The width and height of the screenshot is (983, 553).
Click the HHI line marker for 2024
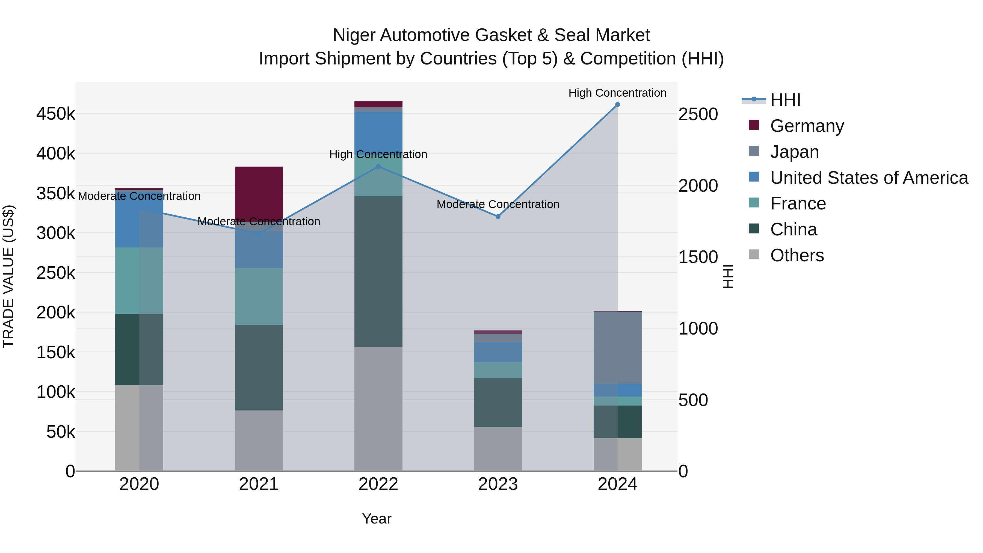617,105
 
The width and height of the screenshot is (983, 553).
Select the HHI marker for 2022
378,166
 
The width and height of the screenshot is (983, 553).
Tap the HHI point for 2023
498,216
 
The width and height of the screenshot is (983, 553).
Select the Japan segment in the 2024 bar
617,347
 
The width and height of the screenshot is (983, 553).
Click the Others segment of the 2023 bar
498,449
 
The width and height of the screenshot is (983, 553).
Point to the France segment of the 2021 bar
259,296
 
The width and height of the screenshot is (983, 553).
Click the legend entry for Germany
807,126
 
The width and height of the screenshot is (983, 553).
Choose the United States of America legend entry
869,178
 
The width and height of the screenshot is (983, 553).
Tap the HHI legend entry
785,100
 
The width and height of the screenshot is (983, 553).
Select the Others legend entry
797,255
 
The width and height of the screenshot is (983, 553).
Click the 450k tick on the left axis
56,114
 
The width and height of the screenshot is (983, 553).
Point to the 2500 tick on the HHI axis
698,114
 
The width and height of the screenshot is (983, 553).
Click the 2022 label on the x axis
378,484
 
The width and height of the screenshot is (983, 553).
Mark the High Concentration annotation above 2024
617,93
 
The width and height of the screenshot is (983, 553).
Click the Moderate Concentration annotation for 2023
498,204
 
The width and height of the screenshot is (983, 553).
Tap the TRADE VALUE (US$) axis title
8,276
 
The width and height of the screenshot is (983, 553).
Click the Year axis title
377,519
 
